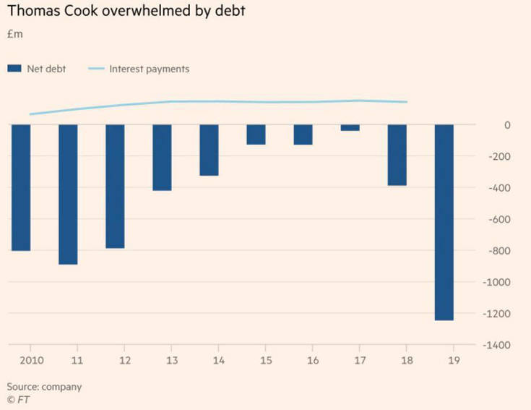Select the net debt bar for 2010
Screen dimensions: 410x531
click(x=20, y=187)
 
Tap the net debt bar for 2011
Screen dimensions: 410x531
click(x=68, y=195)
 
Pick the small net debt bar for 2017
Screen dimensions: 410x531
click(x=350, y=128)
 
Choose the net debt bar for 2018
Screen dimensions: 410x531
click(x=397, y=155)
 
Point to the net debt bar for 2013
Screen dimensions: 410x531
click(x=162, y=158)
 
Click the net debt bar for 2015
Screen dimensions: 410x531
click(x=256, y=134)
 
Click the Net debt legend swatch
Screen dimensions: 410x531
click(x=14, y=69)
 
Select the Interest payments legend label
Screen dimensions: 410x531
click(x=149, y=69)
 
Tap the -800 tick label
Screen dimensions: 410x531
click(x=498, y=251)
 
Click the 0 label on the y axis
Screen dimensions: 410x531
click(x=507, y=125)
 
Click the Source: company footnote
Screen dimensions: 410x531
click(x=44, y=386)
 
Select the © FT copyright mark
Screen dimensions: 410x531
click(x=18, y=398)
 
